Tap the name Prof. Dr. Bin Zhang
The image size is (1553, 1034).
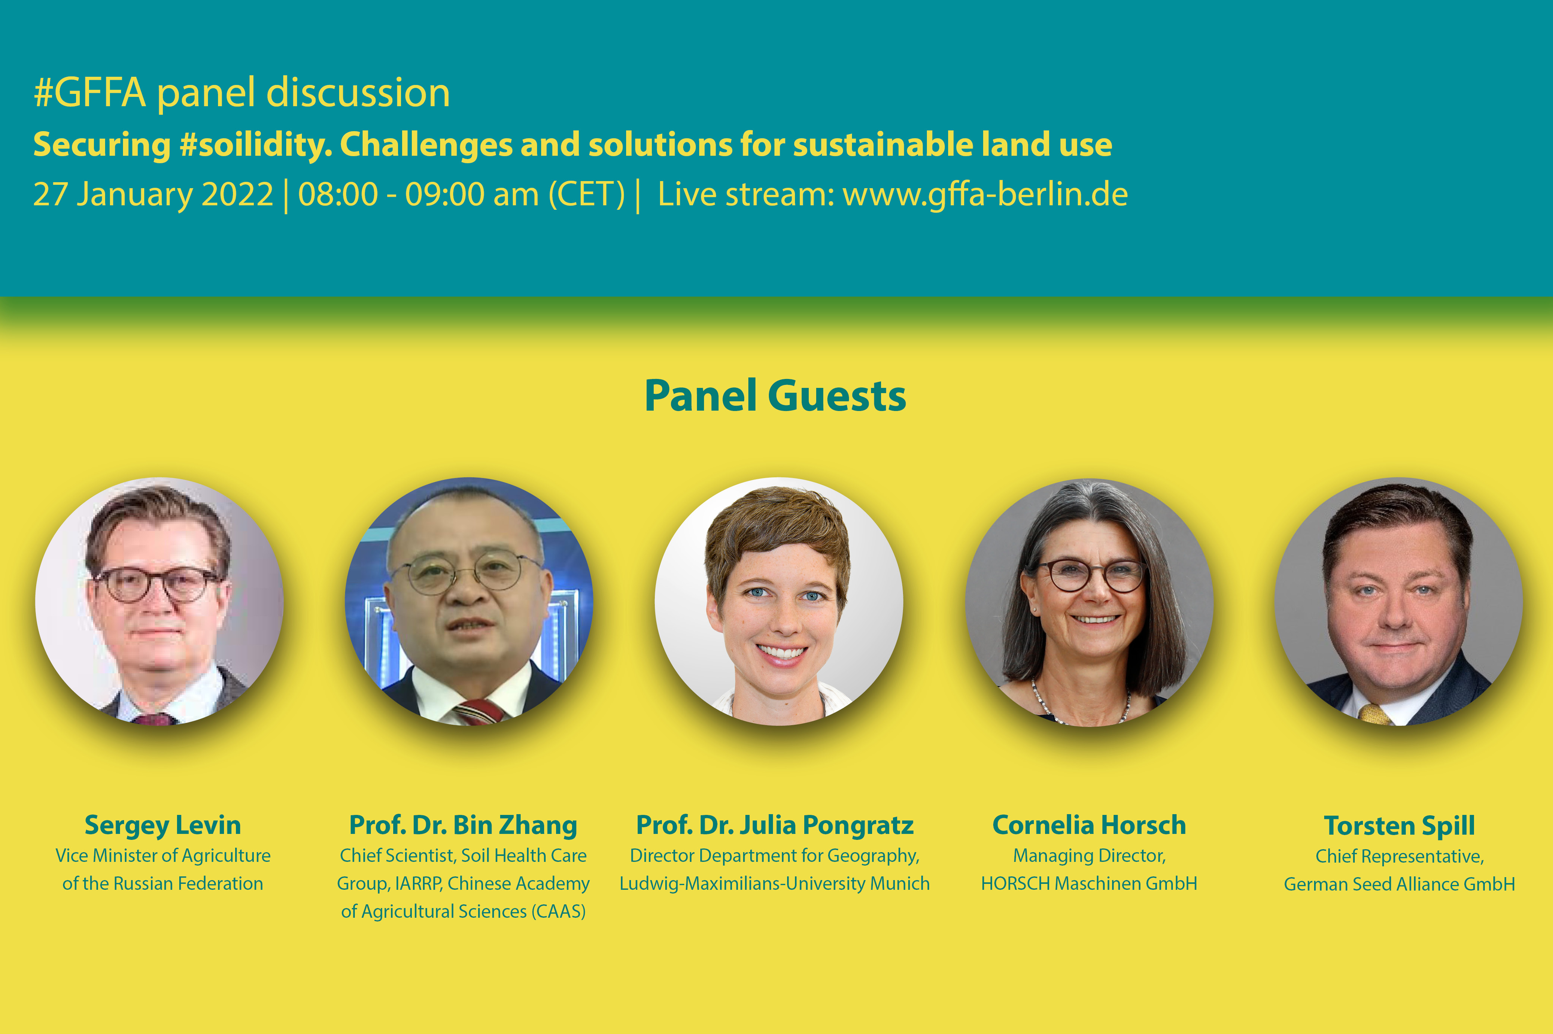463,825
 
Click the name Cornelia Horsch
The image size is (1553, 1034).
1089,825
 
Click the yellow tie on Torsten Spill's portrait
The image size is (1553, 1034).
1374,714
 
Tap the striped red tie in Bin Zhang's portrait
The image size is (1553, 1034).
479,712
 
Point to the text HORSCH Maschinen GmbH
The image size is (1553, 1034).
1089,883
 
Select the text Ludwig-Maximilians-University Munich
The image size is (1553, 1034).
775,883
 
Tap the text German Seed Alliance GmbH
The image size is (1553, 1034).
1399,884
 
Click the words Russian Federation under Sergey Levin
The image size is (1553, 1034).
189,883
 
